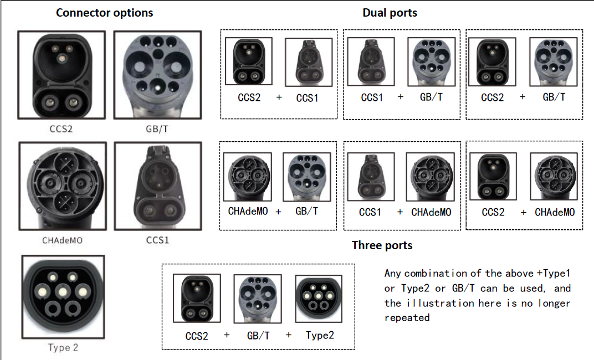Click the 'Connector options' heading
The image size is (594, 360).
pos(104,13)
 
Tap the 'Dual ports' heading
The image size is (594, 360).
pos(390,13)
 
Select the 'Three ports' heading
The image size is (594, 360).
pos(382,245)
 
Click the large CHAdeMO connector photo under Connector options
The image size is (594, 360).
pos(63,186)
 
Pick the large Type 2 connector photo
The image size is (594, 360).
pos(63,297)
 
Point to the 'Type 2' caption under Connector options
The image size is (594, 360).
pos(63,347)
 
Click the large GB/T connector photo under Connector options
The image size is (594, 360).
pos(157,75)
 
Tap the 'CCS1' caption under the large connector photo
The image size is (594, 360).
pos(157,240)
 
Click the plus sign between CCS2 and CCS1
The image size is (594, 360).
pos(279,97)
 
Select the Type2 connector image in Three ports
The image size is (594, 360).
pos(319,299)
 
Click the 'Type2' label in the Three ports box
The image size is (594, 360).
pos(320,336)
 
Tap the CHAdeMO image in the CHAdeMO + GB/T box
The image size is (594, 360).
pos(247,177)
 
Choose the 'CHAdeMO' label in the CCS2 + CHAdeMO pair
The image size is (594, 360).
pos(555,212)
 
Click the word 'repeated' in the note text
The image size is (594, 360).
pos(407,318)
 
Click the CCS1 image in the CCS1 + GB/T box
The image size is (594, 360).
pos(371,61)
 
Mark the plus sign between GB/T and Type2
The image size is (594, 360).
pos(289,335)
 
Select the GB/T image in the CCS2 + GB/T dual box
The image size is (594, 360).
pos(554,61)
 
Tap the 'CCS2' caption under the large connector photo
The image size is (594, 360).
pos(61,128)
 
